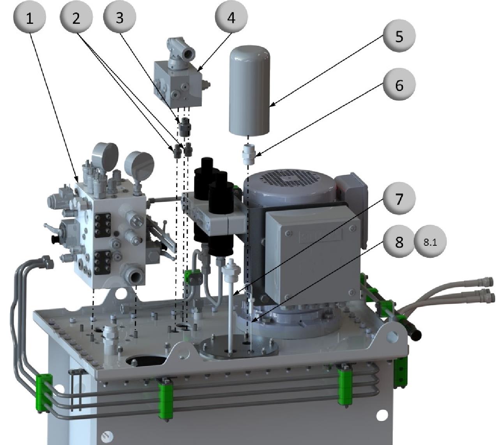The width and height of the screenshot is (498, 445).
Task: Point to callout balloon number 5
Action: tap(399, 35)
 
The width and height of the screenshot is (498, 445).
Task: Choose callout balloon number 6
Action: tap(399, 84)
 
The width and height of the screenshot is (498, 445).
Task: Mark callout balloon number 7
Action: tap(399, 198)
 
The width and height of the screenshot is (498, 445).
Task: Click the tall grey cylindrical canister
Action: tap(249, 90)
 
